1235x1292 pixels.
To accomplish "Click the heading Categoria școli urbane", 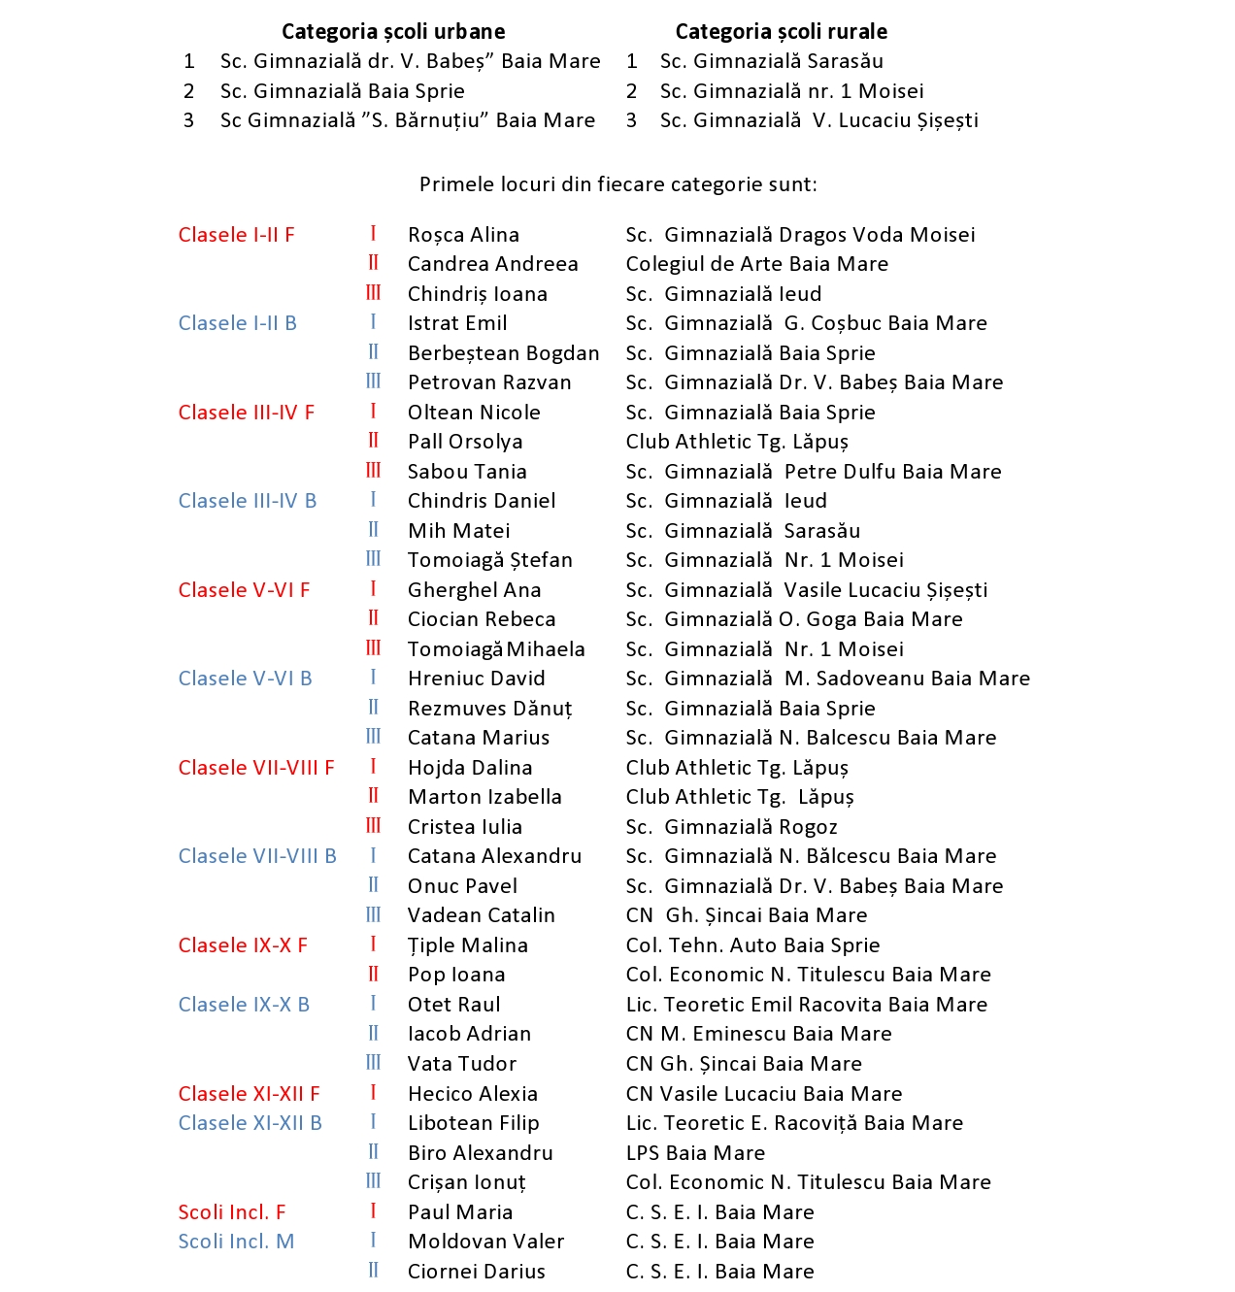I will coord(393,32).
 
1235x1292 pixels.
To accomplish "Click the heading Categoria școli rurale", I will coord(781,32).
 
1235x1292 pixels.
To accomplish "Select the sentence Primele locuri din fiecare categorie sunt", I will coord(617,184).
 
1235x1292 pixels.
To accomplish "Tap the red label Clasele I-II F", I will coord(236,235).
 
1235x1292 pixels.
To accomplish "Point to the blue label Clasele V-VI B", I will coord(245,679).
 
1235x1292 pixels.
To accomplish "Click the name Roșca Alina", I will coord(463,235).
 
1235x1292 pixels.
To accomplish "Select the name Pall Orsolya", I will coord(465,442).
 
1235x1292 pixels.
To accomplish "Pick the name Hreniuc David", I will coord(476,679).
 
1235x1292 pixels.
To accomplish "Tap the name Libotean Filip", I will coord(473,1123).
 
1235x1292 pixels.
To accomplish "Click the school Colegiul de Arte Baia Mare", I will coord(756,264).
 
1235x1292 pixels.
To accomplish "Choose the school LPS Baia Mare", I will coord(695,1153).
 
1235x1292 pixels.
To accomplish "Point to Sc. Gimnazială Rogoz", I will coord(731,827).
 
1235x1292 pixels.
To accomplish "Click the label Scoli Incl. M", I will coord(236,1242).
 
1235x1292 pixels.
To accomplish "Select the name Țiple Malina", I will coord(467,945).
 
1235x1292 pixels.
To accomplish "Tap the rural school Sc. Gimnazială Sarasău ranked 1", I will coord(771,61).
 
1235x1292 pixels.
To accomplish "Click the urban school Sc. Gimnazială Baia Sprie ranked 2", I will coord(342,91).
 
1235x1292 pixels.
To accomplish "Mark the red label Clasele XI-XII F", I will coord(249,1094).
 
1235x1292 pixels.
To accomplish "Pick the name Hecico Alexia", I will coord(472,1094).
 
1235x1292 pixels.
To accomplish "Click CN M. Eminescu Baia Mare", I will coord(758,1034).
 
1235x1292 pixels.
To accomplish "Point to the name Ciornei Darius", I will coord(476,1272).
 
